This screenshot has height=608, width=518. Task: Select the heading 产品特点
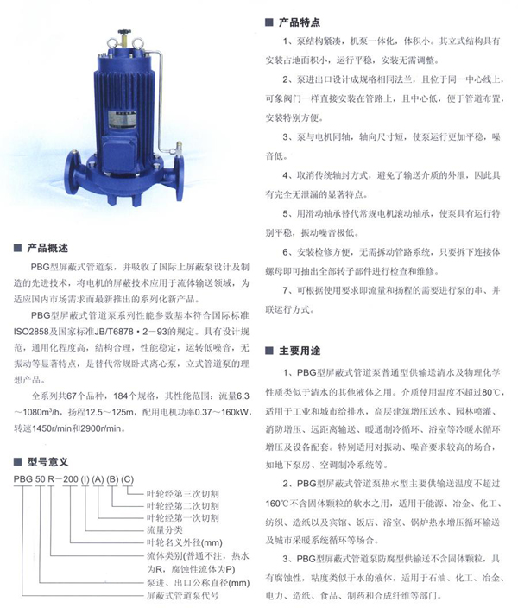click(300, 21)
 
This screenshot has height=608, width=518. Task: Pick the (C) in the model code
click(127, 478)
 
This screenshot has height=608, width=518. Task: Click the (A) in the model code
click(97, 478)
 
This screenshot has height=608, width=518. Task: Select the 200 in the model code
click(69, 478)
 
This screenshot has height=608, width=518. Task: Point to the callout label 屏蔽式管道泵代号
click(180, 595)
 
